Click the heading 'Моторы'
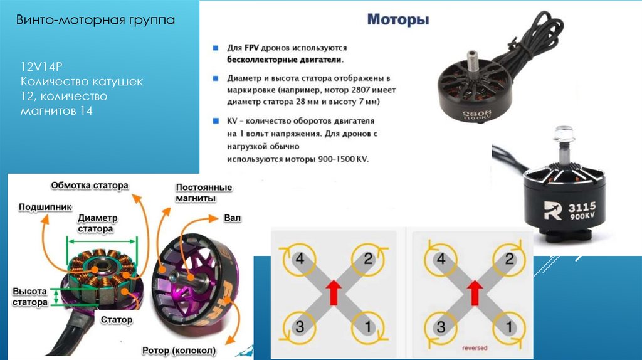tap(397, 20)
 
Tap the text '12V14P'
tap(41, 67)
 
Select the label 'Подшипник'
tap(45, 206)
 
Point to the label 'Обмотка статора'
tap(89, 186)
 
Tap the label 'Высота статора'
tap(30, 297)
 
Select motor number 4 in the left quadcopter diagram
tap(300, 258)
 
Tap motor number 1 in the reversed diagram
tap(509, 326)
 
